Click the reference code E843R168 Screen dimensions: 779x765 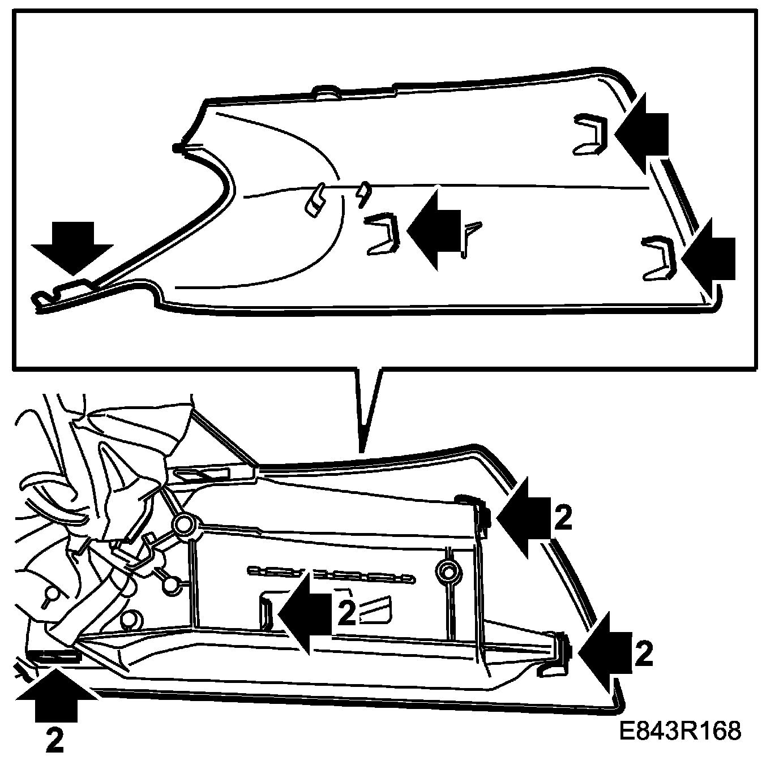click(679, 730)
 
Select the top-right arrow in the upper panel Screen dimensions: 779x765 click(643, 133)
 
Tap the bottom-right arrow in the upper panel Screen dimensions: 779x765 click(709, 258)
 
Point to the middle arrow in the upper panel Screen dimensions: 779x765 click(434, 229)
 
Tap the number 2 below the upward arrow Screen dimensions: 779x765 click(54, 740)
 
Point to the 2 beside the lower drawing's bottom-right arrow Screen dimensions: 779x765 click(644, 654)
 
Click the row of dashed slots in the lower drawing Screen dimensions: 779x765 click(331, 574)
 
